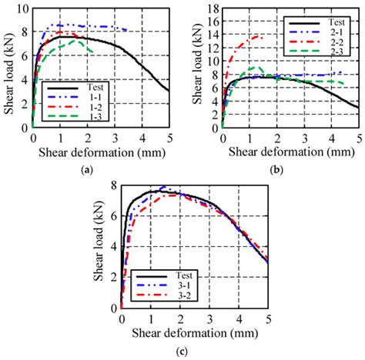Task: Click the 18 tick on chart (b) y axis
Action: pyautogui.click(x=210, y=8)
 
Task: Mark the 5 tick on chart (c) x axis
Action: pyautogui.click(x=269, y=318)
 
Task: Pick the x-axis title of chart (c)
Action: pyautogui.click(x=195, y=332)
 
